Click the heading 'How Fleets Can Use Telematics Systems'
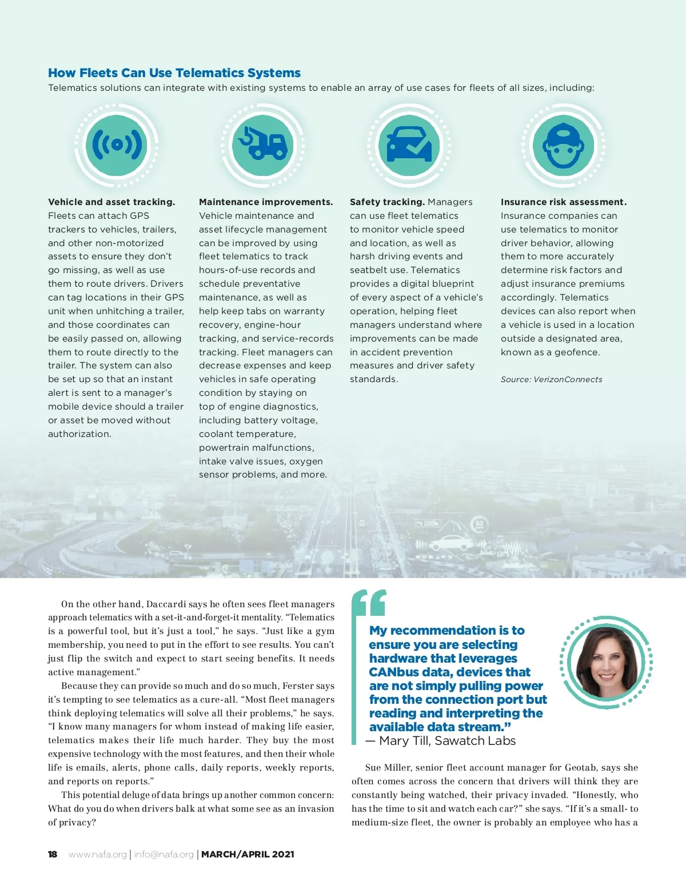174,73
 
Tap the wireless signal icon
117,145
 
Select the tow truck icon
264,145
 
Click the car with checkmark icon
409,145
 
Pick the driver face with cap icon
563,145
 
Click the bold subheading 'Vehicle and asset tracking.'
111,202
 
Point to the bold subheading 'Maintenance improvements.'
266,202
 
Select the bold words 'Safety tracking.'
387,202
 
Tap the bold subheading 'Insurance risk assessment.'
564,202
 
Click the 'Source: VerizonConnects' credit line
552,379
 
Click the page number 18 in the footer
53,855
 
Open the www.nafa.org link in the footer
98,855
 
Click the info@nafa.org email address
164,855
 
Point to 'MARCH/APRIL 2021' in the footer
248,855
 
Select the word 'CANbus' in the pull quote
394,672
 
